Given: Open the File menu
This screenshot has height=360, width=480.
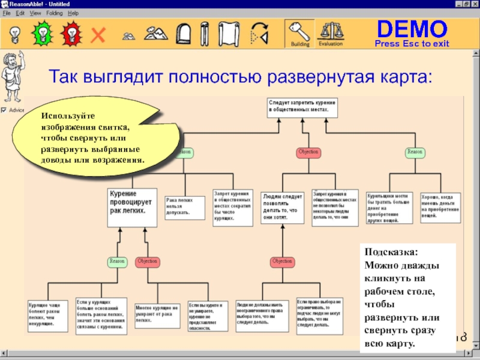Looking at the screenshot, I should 7,13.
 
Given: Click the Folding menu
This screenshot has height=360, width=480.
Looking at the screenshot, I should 54,13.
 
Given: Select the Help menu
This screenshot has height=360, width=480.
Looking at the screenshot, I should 73,13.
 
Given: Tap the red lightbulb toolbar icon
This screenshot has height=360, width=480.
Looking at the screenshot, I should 71,32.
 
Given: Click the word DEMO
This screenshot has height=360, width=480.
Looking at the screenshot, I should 412,28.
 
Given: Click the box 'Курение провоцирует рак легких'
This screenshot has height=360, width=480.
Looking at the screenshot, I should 132,207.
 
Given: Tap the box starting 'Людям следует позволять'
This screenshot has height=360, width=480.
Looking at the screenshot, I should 283,208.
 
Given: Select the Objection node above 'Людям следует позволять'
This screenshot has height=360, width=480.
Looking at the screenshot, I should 308,152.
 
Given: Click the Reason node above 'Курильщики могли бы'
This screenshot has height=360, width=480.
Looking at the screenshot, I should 415,152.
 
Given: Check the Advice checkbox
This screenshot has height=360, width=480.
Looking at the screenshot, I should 4,110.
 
